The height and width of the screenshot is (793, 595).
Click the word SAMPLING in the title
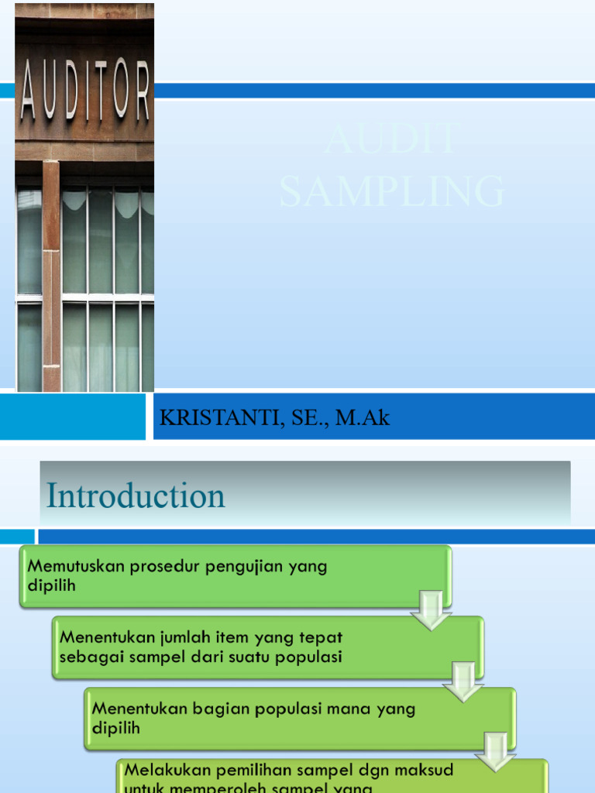point(392,192)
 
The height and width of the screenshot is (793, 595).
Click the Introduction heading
point(136,496)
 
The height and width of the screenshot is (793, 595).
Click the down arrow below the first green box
point(431,609)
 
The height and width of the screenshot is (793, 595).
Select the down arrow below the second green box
point(463,681)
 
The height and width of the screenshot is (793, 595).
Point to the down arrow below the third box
point(497,750)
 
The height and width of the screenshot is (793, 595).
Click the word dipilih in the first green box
point(52,585)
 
